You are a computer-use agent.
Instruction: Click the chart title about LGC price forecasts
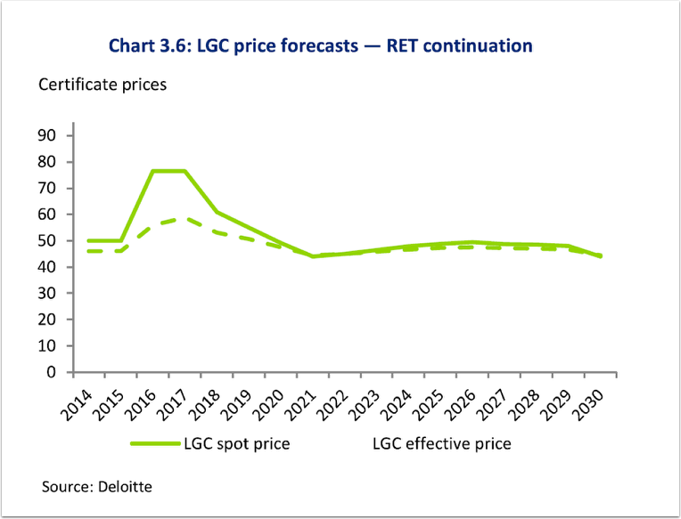(320, 45)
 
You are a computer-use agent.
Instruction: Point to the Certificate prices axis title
(102, 85)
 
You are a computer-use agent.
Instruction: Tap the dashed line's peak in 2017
(185, 218)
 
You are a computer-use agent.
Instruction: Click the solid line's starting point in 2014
(88, 240)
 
